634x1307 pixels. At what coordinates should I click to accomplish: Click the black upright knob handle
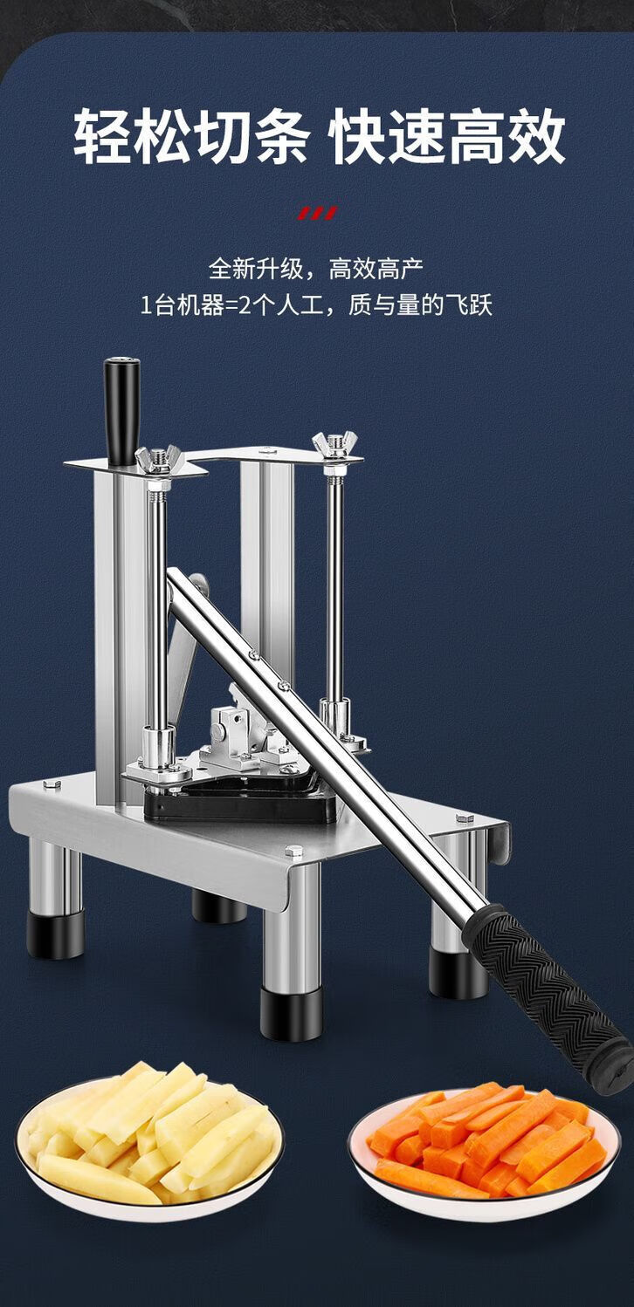[122, 411]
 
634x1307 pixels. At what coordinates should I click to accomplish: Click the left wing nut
[157, 459]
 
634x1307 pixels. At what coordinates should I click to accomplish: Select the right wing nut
[334, 445]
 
